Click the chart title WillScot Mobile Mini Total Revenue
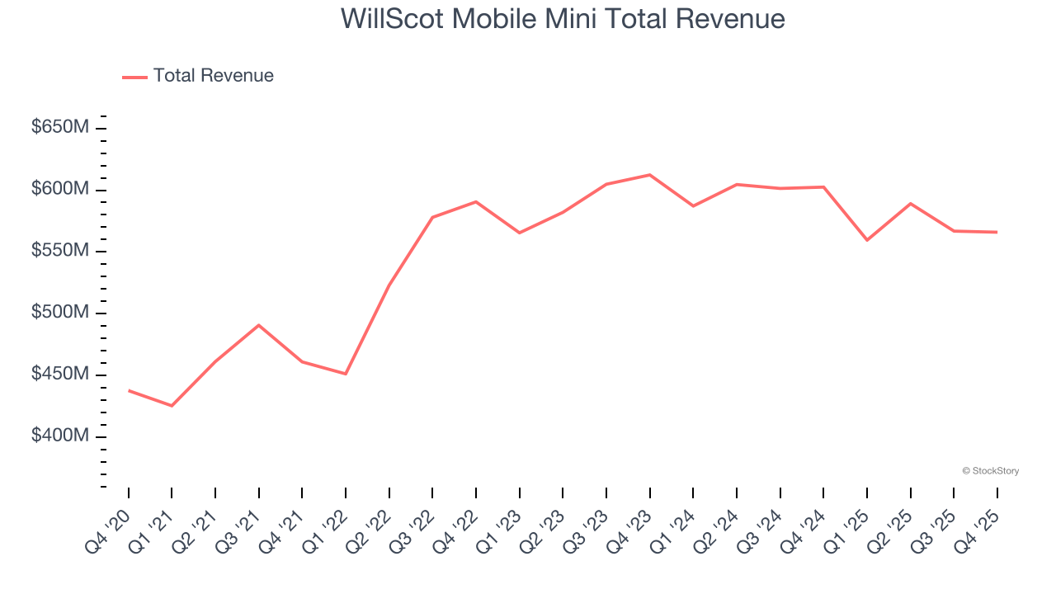563,19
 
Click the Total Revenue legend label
213,76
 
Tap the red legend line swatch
134,77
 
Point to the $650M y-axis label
60,128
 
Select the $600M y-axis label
60,190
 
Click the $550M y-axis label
60,252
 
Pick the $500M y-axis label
60,313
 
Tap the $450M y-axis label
60,375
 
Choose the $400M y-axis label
60,436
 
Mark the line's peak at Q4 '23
649,175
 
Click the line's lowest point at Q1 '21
172,406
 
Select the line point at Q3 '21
259,325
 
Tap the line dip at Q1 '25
867,240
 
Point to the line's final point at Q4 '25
997,232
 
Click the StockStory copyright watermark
990,471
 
